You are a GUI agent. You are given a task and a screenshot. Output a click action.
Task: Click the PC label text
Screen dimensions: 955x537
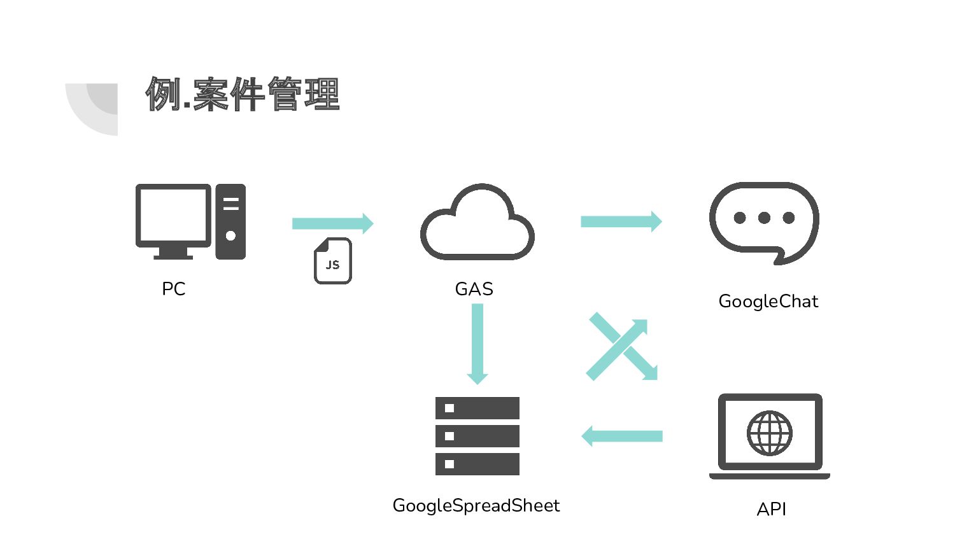click(x=173, y=289)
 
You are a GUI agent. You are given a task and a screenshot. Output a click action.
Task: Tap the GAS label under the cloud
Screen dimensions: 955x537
click(x=474, y=289)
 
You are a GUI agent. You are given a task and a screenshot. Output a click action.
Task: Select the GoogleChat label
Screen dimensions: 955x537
click(x=768, y=301)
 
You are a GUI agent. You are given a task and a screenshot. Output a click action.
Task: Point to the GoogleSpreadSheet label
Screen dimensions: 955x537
click(x=476, y=505)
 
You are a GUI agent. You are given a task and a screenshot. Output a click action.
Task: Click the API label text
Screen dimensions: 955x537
click(x=771, y=509)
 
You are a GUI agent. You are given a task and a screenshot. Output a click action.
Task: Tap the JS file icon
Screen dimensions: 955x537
click(x=332, y=261)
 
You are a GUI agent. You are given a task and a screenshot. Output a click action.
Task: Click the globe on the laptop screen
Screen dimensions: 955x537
click(x=769, y=433)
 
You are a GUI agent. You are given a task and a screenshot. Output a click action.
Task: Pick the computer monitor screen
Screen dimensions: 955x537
click(x=173, y=214)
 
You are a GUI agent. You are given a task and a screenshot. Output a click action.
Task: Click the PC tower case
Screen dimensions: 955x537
click(x=230, y=221)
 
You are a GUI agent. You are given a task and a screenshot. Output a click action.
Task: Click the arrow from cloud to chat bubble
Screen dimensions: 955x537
click(x=621, y=221)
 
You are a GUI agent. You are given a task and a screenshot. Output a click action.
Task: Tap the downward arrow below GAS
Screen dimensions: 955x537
click(x=478, y=344)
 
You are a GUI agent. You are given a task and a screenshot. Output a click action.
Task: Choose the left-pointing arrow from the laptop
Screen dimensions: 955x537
click(x=622, y=436)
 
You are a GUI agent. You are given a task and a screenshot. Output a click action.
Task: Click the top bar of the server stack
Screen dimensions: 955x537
click(x=478, y=408)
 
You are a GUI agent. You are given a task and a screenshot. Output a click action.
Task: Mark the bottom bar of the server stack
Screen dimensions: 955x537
click(x=478, y=464)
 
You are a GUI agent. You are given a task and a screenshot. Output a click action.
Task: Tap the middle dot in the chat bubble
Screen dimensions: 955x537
click(x=764, y=218)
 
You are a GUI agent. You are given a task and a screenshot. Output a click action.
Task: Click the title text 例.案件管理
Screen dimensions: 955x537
click(x=243, y=94)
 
